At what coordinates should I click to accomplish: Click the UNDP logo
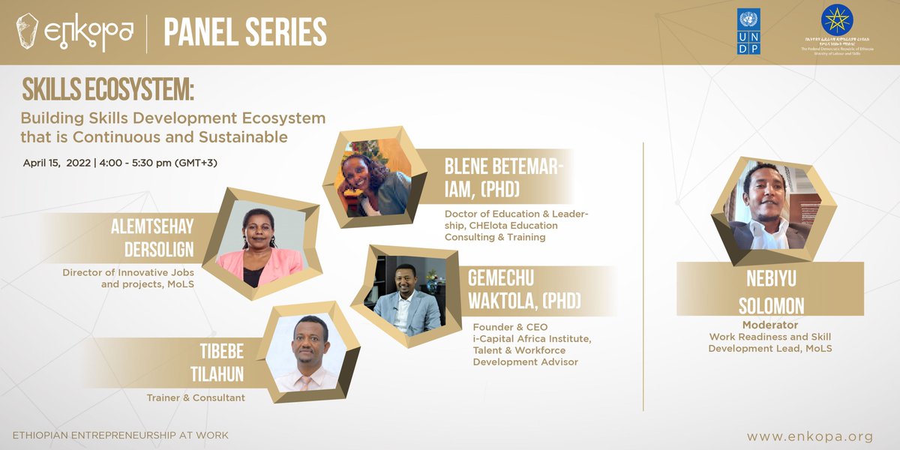coord(748,31)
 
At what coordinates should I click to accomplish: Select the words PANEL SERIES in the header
coord(244,32)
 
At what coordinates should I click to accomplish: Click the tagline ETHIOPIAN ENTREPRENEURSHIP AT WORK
coord(121,435)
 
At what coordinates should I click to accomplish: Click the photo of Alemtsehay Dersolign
coord(259,244)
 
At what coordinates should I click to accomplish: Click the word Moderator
coord(769,325)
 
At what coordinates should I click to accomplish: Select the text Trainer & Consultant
coord(195,397)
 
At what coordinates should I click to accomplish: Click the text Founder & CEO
coord(510,327)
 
